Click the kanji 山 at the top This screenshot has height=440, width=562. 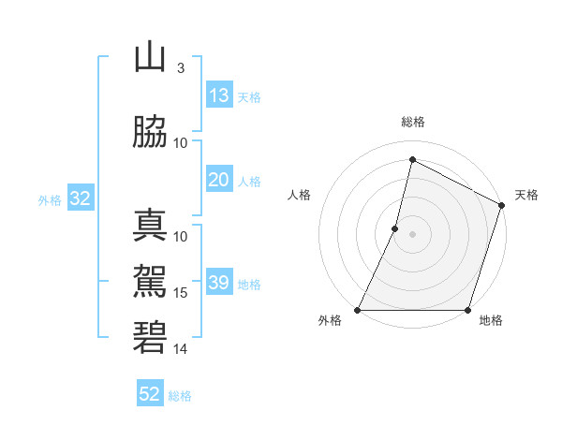point(150,58)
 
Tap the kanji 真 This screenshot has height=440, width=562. point(150,227)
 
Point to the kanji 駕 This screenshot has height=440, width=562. point(150,278)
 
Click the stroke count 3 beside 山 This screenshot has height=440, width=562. point(180,68)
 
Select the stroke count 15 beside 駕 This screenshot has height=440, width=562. point(181,293)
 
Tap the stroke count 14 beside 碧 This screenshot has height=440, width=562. point(181,349)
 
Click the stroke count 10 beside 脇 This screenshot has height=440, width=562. point(181,142)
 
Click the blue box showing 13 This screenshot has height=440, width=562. point(219,95)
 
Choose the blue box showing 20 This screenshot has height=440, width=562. point(219,180)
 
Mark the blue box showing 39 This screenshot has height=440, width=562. point(219,283)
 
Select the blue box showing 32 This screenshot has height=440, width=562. point(79,198)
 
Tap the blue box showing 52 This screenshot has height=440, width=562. point(150,394)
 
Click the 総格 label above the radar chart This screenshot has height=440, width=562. point(413,122)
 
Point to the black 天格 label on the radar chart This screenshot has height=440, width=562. point(526,195)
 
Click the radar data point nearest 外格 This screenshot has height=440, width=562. point(359,310)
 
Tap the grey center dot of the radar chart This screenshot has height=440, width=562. point(412,234)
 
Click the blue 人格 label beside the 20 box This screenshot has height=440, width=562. point(249,181)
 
